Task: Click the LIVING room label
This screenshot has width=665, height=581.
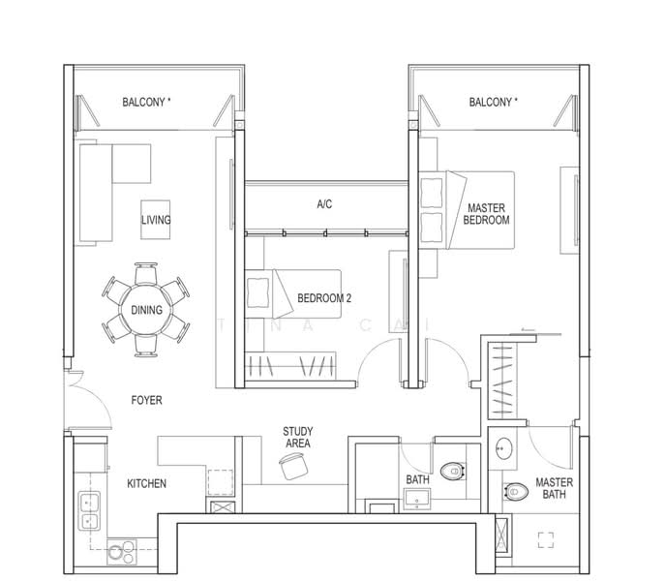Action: [x=156, y=220]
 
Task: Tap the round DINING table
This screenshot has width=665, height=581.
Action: [x=146, y=310]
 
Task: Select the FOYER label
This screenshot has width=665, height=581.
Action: [x=147, y=400]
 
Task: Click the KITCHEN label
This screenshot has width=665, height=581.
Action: [x=147, y=483]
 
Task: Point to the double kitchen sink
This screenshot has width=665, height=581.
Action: [x=89, y=510]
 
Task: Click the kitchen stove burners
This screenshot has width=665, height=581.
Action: [x=122, y=552]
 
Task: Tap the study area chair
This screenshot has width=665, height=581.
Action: [x=293, y=466]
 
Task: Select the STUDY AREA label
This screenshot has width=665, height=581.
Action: [x=298, y=438]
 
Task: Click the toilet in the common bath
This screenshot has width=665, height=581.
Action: [x=452, y=471]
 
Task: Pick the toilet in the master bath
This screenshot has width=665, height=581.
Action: [x=516, y=492]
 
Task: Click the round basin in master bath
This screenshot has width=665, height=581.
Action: [x=504, y=448]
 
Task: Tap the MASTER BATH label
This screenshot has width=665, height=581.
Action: [x=554, y=488]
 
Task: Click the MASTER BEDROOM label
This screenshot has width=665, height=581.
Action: [x=487, y=214]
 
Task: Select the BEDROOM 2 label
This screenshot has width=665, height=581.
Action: [x=324, y=298]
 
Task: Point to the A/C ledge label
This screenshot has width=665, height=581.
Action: [x=324, y=204]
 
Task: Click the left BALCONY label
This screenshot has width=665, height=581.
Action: [x=146, y=102]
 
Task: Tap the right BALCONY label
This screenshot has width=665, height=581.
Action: [x=494, y=102]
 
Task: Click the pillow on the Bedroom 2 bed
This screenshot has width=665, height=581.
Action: [x=257, y=292]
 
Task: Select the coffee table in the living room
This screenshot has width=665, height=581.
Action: [x=156, y=220]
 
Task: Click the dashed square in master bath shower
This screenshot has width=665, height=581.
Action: [x=546, y=540]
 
